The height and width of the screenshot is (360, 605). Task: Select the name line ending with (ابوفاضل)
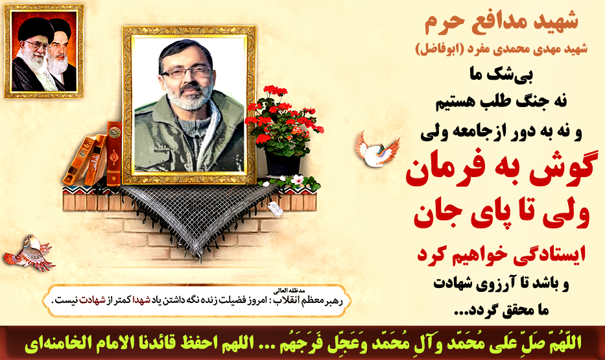point(501,49)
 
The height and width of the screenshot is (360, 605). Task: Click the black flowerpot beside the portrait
point(283,163)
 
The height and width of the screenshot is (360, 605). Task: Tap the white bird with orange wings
point(377,149)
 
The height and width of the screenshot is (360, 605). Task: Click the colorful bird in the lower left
point(28,253)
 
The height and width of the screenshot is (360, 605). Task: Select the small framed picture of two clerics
point(43,51)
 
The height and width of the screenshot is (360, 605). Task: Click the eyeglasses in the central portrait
point(186,72)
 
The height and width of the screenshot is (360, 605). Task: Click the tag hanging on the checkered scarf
point(276,208)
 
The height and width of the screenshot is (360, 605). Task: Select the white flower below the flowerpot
point(297,180)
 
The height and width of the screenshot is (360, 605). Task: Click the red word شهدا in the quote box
point(141,300)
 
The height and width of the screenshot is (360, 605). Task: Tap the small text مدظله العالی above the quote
point(295,291)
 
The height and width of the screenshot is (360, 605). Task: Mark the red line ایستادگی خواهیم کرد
point(501,254)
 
